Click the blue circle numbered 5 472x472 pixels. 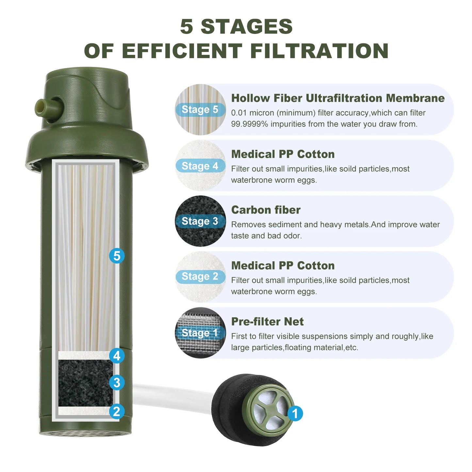117,256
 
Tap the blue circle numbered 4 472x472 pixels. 117,356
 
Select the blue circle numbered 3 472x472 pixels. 117,382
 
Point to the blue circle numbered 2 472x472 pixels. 117,411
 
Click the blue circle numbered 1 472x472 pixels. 295,414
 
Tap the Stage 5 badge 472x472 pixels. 200,109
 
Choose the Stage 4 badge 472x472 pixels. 200,166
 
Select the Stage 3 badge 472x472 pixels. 200,221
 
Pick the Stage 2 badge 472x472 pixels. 200,277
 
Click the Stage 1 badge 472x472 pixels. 200,333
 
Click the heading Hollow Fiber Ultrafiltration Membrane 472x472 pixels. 338,98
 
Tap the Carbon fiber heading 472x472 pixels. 266,210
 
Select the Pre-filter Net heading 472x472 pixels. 267,322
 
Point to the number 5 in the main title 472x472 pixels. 187,26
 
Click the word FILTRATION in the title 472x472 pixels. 319,51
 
